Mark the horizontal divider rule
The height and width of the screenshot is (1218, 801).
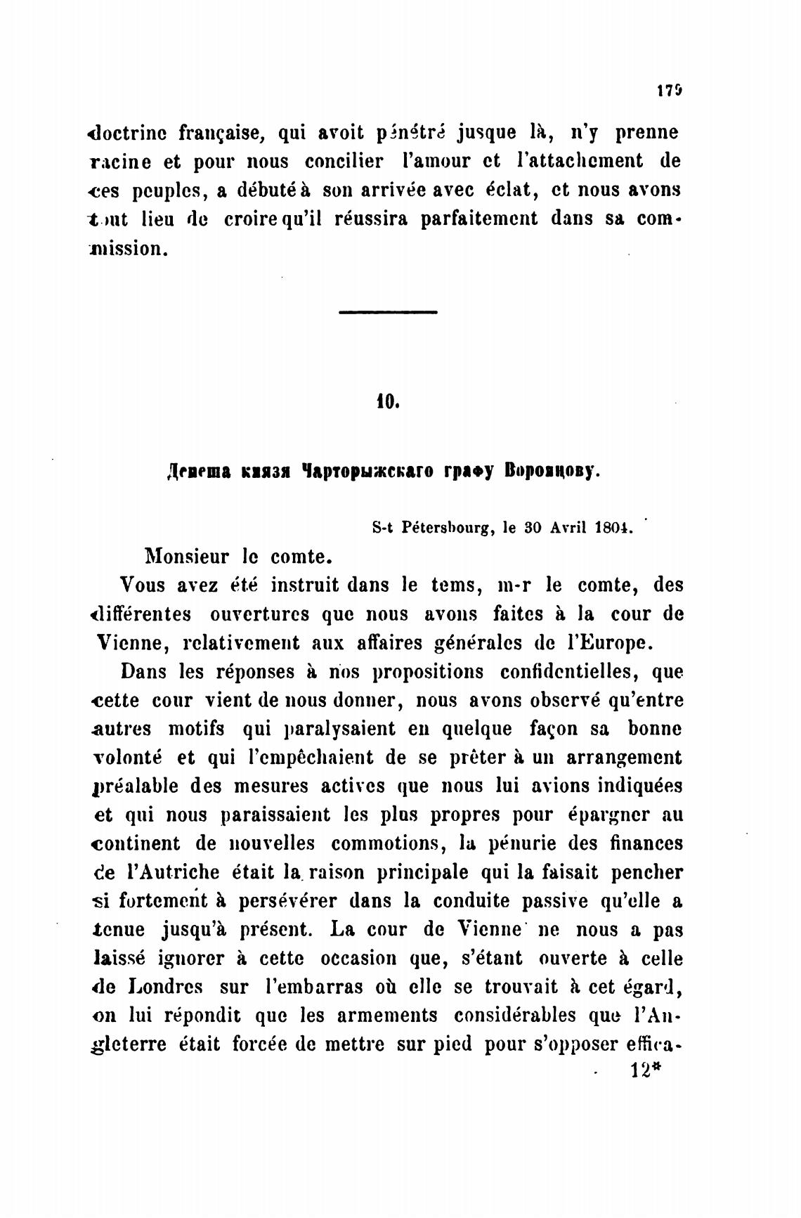coord(388,312)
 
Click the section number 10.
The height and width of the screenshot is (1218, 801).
coord(387,402)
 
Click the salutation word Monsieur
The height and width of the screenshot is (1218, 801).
coord(186,557)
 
